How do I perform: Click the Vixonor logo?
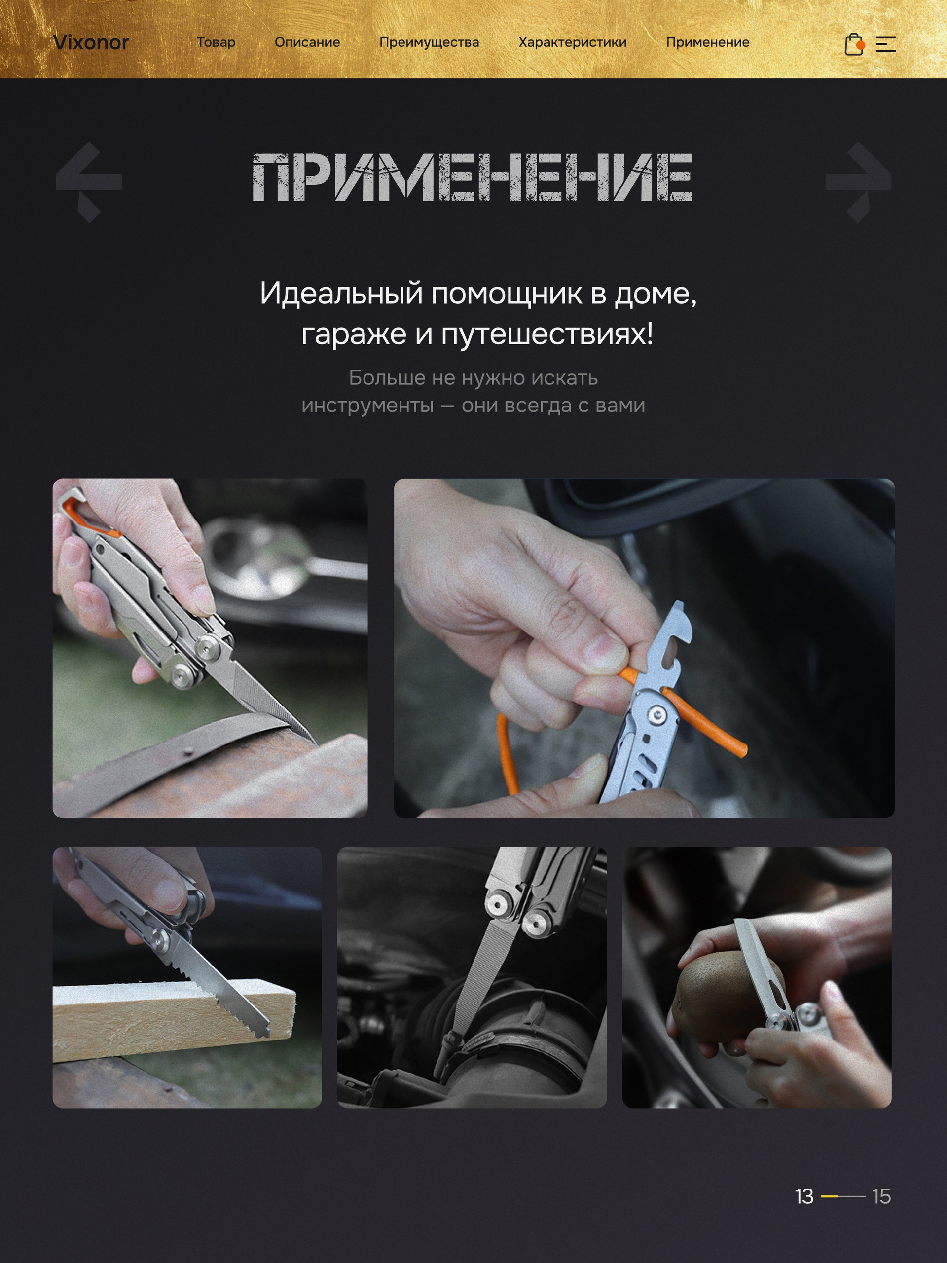coord(91,42)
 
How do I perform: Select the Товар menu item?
coord(216,42)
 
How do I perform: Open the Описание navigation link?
coord(307,42)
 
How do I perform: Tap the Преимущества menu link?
coord(429,43)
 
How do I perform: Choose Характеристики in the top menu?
coord(573,43)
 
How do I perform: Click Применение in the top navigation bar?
coord(708,43)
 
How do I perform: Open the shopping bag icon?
coord(854,44)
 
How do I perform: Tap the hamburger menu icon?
coord(886,44)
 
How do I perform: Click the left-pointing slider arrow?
coord(89,182)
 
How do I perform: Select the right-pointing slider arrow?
coord(858,182)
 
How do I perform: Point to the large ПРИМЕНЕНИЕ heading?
coord(473,178)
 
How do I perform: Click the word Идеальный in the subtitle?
coord(341,294)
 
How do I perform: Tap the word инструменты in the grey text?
coord(367,406)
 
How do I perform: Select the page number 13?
coord(804,1196)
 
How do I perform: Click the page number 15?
coord(881,1196)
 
